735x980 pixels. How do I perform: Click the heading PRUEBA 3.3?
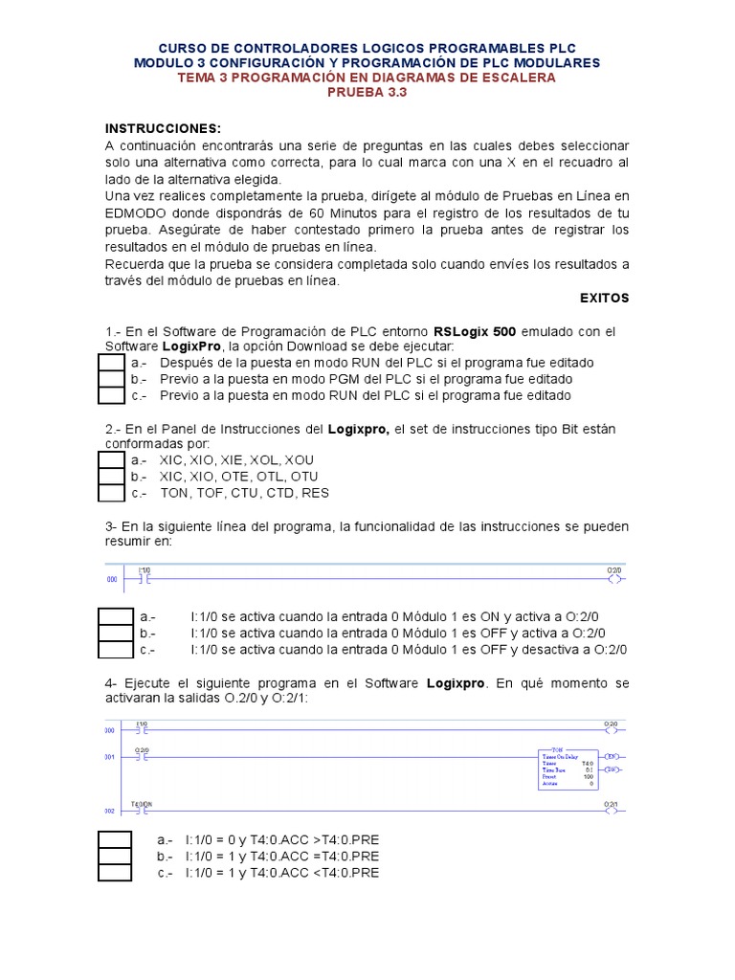point(367,93)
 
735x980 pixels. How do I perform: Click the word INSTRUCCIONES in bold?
point(163,128)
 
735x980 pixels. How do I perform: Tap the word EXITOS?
point(605,298)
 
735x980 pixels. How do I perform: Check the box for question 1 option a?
point(112,363)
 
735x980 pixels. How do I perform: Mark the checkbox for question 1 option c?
point(112,395)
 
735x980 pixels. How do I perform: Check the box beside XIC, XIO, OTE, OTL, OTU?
point(112,477)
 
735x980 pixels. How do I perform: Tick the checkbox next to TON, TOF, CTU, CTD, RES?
point(112,493)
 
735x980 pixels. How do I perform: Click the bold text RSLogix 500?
point(475,331)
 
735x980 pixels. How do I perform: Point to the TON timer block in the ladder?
point(568,768)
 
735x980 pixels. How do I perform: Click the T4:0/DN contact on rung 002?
point(142,810)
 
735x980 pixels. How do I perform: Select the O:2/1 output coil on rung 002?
point(614,810)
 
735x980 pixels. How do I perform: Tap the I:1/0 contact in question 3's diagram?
point(144,579)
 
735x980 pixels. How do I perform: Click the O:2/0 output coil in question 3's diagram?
point(614,579)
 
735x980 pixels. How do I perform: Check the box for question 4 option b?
point(115,856)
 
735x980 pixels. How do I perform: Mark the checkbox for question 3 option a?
point(115,617)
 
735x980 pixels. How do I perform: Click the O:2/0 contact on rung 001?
point(142,756)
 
